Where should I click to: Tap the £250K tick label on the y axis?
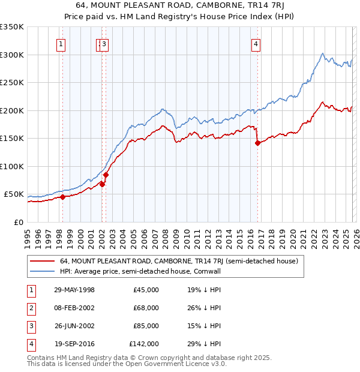click(12, 83)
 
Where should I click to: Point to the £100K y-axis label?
click(12, 166)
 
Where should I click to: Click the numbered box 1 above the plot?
click(62, 43)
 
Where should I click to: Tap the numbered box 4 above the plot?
click(256, 43)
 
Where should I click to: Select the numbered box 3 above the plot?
click(104, 43)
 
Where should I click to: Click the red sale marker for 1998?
click(62, 197)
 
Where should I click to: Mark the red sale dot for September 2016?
click(257, 143)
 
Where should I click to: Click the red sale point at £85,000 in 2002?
click(106, 175)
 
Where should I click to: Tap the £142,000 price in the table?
click(144, 344)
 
